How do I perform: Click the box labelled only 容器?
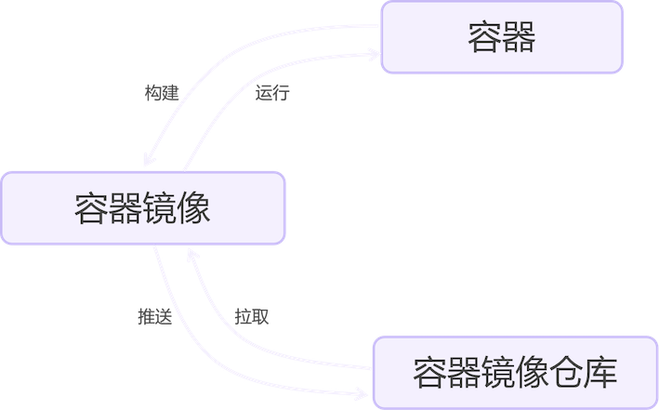click(502, 37)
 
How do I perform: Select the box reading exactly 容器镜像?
click(142, 208)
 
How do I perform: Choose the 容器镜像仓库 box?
click(515, 372)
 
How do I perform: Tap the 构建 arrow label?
click(161, 94)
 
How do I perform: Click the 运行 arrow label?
click(271, 94)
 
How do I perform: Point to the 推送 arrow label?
click(154, 316)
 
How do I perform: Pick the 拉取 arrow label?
click(252, 316)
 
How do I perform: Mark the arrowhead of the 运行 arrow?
click(374, 57)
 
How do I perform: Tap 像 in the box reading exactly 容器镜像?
click(193, 208)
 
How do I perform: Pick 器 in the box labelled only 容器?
click(519, 37)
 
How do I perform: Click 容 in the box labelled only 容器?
click(484, 37)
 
